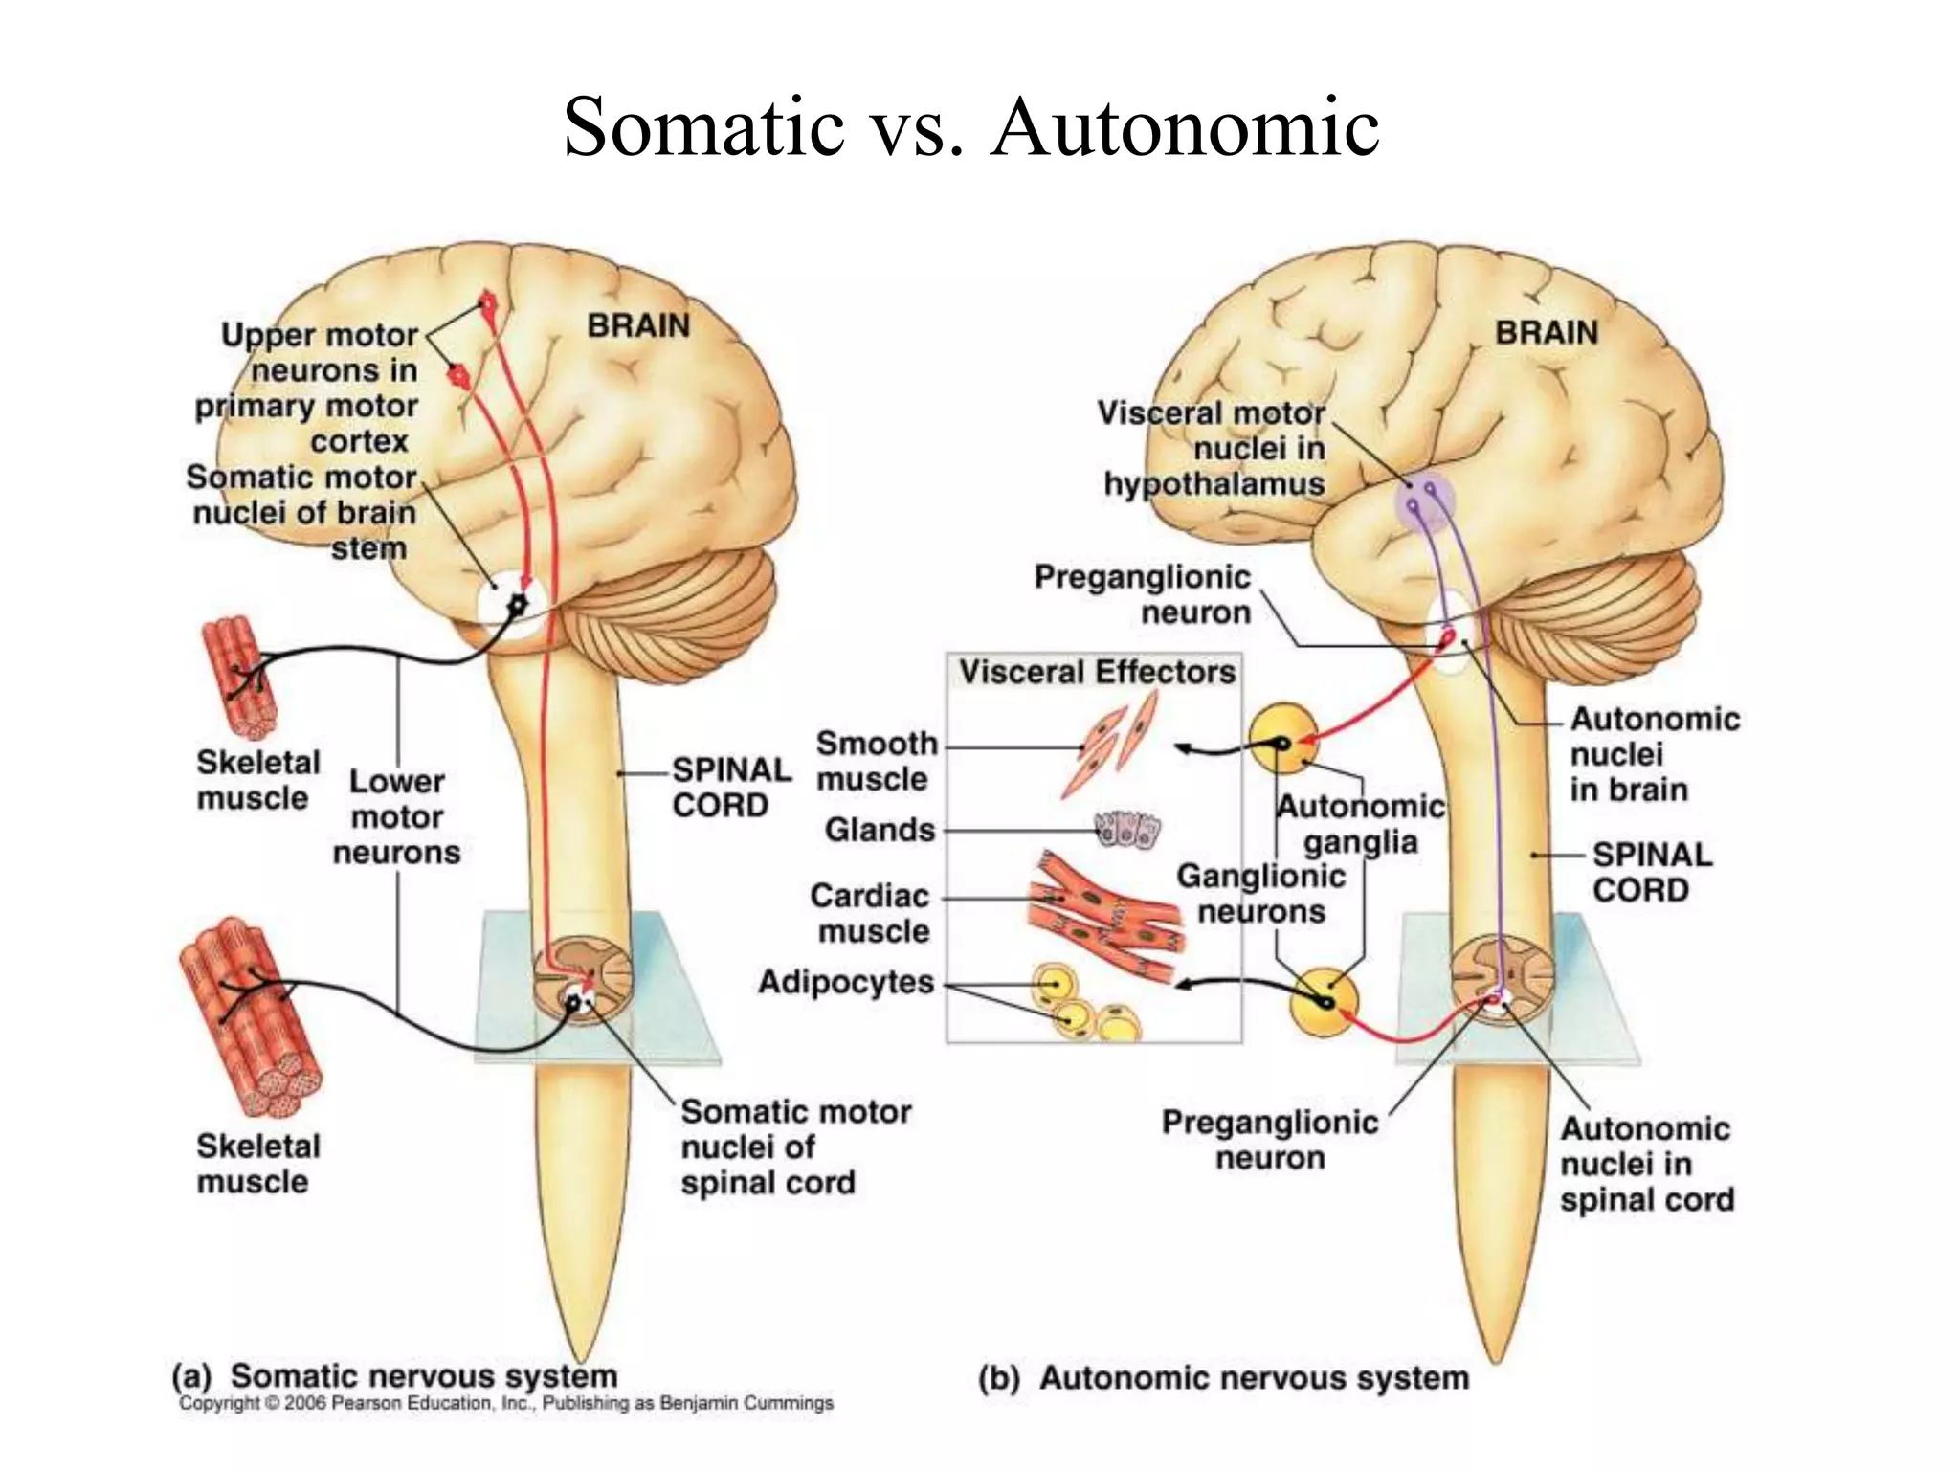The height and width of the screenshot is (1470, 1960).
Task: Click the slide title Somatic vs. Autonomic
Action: click(x=970, y=127)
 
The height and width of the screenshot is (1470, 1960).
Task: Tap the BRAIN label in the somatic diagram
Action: click(x=638, y=326)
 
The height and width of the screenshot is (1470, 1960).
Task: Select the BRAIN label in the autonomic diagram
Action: click(x=1547, y=333)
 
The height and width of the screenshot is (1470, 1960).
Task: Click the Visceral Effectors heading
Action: click(x=1097, y=673)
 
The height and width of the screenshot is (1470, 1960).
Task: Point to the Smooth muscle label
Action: click(x=876, y=761)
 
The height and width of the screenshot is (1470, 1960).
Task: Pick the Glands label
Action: click(x=880, y=830)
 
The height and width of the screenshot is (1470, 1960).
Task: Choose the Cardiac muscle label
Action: click(x=870, y=913)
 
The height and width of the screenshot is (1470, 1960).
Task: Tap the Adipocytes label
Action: click(x=846, y=982)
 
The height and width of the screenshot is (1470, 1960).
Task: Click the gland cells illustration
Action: click(x=1127, y=830)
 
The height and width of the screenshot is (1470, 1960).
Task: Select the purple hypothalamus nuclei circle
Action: click(x=1423, y=501)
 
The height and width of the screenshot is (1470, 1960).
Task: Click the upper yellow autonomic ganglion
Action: click(x=1282, y=739)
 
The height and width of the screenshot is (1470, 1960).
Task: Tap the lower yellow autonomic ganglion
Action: click(x=1324, y=1001)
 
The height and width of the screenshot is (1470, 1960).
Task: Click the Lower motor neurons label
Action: click(x=396, y=817)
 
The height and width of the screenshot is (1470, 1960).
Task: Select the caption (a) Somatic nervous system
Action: click(x=394, y=1376)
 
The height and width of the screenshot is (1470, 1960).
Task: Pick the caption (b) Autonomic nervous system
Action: click(x=1223, y=1378)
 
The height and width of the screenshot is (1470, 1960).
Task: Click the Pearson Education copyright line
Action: click(x=506, y=1403)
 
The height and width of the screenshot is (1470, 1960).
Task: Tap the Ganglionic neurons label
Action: click(x=1260, y=894)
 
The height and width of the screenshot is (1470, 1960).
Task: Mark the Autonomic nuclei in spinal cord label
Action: click(x=1646, y=1164)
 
